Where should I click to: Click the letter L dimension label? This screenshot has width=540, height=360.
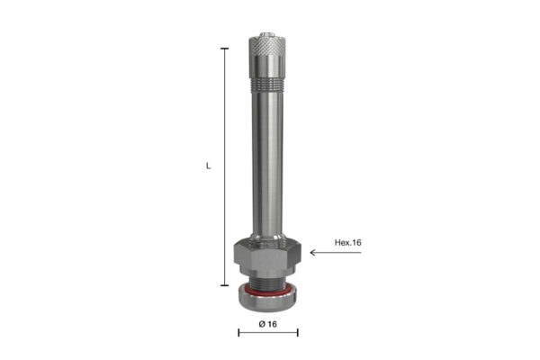point(209,166)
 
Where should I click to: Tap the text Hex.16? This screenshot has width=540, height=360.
point(347,242)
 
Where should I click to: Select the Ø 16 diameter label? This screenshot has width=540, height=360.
point(267,324)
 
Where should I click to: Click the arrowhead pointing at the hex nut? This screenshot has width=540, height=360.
point(313,253)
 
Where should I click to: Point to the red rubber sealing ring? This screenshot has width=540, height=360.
point(267,292)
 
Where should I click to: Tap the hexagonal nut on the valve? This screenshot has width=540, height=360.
point(267,253)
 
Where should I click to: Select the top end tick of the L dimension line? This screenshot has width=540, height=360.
point(224,49)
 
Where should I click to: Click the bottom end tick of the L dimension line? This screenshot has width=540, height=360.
point(224,285)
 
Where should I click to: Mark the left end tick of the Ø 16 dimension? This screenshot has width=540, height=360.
point(238,332)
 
